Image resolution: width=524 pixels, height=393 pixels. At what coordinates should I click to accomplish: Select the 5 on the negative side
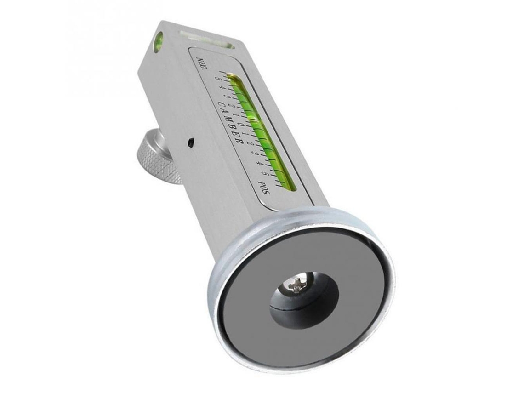point(218,79)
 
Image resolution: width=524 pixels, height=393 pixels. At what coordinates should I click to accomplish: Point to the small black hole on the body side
point(190,142)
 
